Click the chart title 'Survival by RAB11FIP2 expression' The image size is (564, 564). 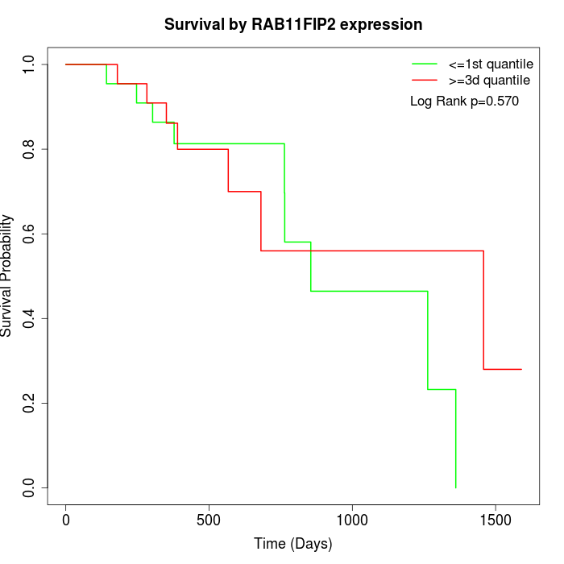(293, 25)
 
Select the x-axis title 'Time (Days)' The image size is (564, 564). (293, 544)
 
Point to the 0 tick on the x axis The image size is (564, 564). (66, 520)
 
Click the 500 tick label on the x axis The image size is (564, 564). (209, 520)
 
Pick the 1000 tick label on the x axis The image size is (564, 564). (352, 520)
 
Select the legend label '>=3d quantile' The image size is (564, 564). (489, 80)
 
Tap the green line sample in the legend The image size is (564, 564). (425, 64)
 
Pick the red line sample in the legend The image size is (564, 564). (425, 80)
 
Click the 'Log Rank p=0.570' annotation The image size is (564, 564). (464, 102)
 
